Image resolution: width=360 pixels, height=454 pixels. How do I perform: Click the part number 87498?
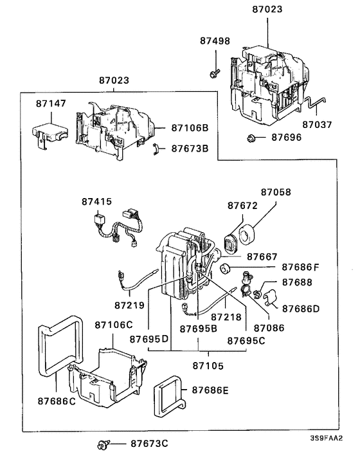pos(215,41)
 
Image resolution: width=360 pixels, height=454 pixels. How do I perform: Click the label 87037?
pos(318,124)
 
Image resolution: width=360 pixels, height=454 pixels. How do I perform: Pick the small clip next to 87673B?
pos(156,149)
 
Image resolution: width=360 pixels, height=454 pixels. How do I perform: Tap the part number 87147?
pos(51,103)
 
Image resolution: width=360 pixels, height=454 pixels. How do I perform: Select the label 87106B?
pos(190,128)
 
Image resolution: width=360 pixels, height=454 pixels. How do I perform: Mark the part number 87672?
pos(242,206)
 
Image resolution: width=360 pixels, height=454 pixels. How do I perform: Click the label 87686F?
pos(300,267)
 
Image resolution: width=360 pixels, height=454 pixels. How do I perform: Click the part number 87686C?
pos(56,401)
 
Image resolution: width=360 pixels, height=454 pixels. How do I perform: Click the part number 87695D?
pos(148,338)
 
